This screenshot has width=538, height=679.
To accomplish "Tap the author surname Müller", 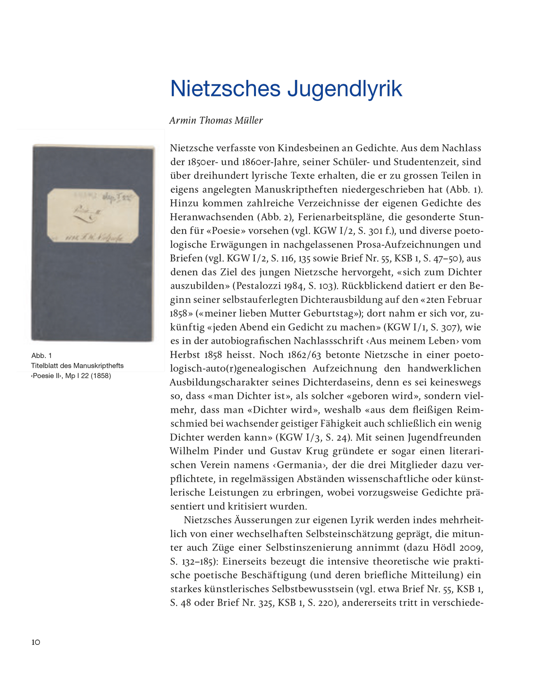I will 248,121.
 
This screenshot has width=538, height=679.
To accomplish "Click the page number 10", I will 36,642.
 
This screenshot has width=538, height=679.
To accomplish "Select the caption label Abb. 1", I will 42,355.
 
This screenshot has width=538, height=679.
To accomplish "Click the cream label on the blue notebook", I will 93,216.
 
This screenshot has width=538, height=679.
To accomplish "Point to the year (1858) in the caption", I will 101,376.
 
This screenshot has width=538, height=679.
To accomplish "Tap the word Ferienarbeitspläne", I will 339,217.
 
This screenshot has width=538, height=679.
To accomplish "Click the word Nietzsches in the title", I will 226,89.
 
